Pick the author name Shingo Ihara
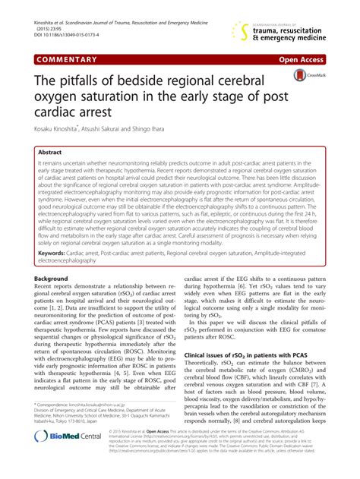pyautogui.click(x=183, y=131)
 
